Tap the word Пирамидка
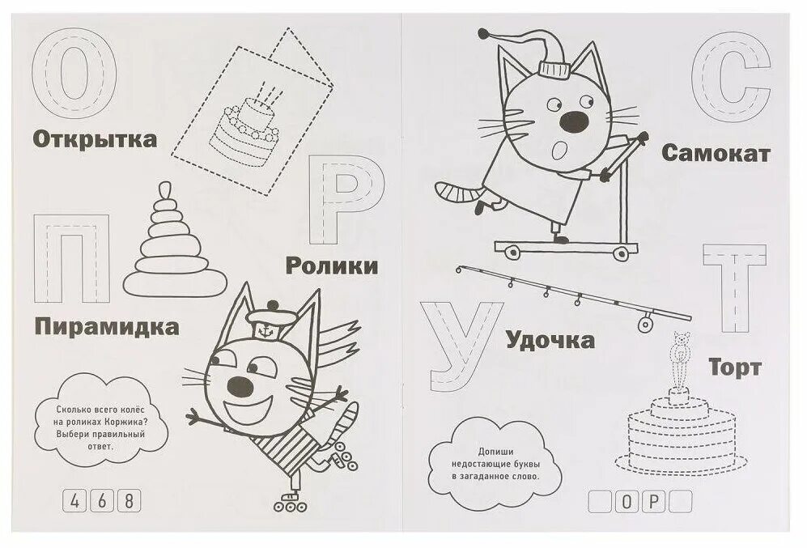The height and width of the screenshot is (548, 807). coord(107,328)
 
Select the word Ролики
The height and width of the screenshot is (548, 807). coord(333,266)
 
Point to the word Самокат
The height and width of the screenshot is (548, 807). coord(716,153)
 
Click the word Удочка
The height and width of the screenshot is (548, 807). coord(550,340)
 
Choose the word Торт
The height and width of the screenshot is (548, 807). coord(735,367)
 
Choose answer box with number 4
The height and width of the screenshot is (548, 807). coord(74,499)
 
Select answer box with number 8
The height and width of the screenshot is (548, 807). coord(127,499)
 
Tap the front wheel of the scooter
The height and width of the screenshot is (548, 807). coord(621,253)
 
